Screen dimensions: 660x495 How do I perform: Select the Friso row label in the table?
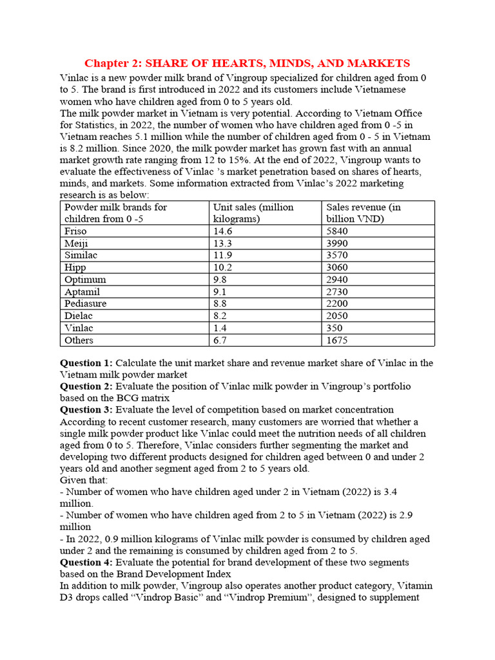click(75, 231)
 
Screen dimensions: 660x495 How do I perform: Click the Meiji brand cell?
click(75, 243)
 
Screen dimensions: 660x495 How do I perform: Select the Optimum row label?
click(85, 280)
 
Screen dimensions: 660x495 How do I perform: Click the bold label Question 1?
click(86, 363)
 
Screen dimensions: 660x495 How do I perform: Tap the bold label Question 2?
click(86, 386)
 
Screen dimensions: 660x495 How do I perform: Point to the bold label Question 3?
click(86, 409)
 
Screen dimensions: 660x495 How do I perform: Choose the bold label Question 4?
click(86, 563)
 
